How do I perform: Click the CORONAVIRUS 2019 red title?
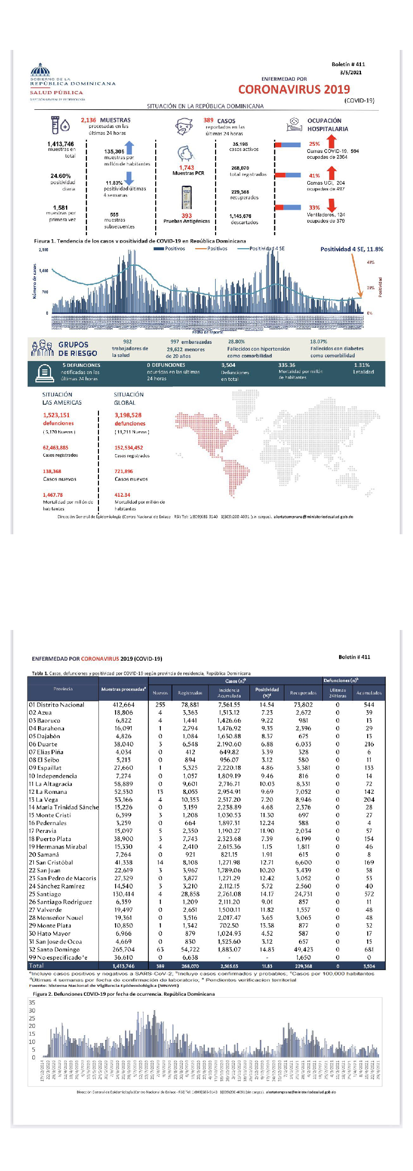point(294,89)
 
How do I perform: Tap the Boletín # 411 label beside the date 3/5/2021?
point(348,65)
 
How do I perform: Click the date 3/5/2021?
point(351,73)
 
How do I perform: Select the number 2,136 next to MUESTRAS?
point(89,120)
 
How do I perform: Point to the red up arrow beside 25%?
point(332,141)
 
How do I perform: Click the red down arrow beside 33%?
point(332,205)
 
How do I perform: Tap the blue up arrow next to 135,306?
point(130,148)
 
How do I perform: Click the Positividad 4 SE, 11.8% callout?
point(352,249)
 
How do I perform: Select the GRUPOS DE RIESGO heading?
point(78,349)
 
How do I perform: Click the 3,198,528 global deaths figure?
point(128,415)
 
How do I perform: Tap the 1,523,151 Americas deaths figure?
point(56,415)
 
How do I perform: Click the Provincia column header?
point(63,689)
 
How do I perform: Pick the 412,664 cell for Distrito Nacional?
point(123,705)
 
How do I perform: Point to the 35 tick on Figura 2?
point(32,1002)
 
